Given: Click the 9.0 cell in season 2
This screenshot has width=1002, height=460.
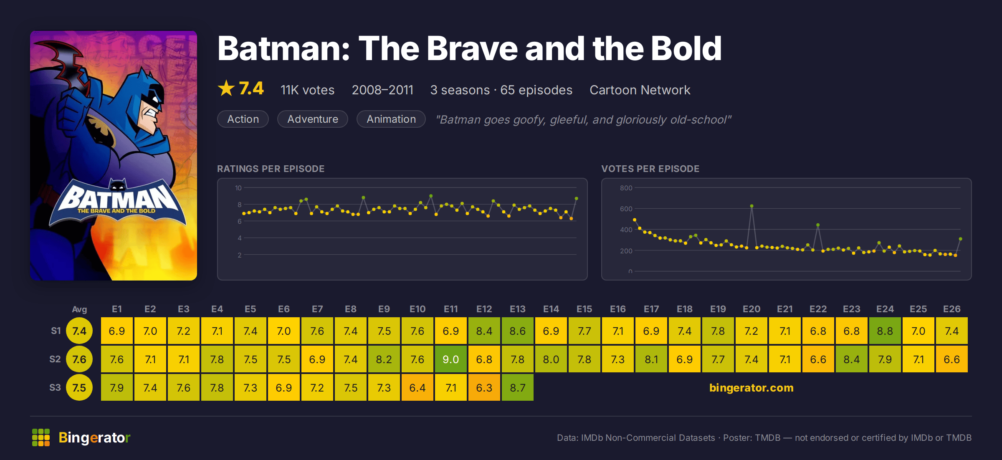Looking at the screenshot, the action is [451, 359].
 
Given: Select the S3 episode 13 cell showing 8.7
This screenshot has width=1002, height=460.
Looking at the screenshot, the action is [518, 387].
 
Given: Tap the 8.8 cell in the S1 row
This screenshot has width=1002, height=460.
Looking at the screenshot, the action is [885, 331].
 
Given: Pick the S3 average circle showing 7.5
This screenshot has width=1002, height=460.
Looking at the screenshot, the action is [79, 387].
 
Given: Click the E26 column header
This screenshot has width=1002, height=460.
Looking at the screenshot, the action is [952, 309].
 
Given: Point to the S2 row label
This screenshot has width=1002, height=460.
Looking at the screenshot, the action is [55, 359].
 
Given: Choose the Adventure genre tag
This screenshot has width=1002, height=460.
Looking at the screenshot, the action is [313, 119].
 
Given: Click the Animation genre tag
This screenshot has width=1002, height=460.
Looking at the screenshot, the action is [391, 119].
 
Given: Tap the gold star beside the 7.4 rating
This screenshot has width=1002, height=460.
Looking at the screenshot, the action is [226, 88].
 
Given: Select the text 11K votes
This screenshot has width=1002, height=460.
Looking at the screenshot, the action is [307, 90].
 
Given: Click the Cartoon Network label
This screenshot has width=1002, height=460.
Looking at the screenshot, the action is [640, 90].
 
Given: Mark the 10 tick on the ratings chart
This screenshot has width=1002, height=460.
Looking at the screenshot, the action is [238, 188].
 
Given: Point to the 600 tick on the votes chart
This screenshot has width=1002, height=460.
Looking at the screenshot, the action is [626, 209].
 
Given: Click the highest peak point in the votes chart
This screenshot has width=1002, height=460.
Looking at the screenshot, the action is [751, 206].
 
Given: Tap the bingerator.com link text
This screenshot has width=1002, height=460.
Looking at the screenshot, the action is [751, 387].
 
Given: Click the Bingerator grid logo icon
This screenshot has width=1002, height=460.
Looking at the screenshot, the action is [41, 437].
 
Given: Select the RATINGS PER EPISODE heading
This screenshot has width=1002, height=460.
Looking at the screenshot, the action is [271, 169].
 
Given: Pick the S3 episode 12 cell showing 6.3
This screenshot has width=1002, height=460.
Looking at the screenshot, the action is [484, 387].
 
